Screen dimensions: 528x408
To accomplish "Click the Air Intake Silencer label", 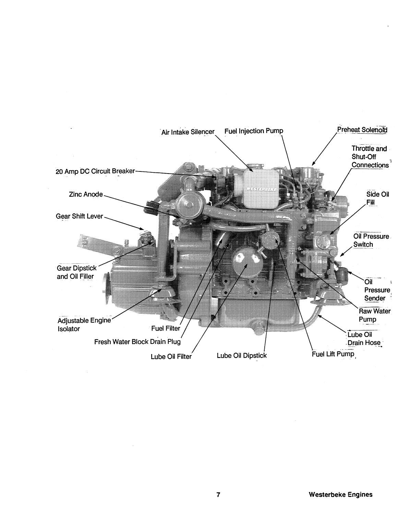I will point(188,132).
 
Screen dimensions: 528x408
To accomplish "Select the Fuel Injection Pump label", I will point(254,131).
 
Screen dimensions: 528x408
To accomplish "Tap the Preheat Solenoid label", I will point(362,130).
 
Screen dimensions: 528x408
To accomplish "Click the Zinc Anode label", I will point(86,194).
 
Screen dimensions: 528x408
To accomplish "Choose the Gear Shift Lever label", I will point(79,216).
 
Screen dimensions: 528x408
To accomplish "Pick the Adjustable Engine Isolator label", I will point(84,324).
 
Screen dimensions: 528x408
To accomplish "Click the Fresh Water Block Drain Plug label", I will point(137,342).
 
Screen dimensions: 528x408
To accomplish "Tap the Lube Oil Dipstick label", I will point(241,356).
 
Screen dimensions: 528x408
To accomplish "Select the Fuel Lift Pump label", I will point(333,354).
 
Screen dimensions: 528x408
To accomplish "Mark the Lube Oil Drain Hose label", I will point(363,339).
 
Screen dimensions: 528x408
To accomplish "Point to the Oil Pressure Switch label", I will point(371,240).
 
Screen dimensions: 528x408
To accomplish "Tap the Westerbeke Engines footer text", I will point(340,494).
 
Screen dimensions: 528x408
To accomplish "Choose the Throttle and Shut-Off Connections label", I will point(369,157).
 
